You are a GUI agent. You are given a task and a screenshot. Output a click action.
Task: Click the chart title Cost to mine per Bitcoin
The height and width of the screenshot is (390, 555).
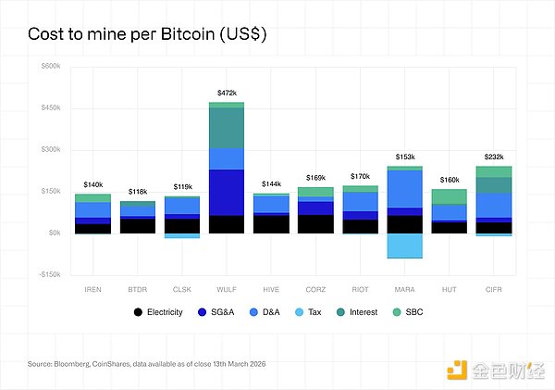pyautogui.click(x=148, y=34)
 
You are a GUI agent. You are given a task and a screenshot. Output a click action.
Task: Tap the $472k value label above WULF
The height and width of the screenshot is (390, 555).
pyautogui.click(x=227, y=93)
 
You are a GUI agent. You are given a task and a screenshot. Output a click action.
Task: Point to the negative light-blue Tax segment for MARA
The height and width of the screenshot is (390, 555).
pyautogui.click(x=404, y=245)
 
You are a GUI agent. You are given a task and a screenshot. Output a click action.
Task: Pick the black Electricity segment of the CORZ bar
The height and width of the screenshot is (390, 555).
pyautogui.click(x=315, y=223)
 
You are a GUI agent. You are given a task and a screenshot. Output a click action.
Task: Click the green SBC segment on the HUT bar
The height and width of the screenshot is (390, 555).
pyautogui.click(x=450, y=196)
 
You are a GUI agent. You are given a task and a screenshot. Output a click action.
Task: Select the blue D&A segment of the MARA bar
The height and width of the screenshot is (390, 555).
pyautogui.click(x=404, y=189)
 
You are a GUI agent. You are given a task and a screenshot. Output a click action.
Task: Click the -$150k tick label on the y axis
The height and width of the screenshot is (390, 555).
pyautogui.click(x=48, y=274)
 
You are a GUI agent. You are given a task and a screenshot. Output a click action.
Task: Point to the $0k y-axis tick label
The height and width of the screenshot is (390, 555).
pyautogui.click(x=54, y=233)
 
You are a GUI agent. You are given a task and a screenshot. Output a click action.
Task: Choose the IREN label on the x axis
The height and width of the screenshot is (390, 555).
pyautogui.click(x=92, y=289)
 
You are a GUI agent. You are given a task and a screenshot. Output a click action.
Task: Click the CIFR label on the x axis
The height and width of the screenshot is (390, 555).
pyautogui.click(x=493, y=289)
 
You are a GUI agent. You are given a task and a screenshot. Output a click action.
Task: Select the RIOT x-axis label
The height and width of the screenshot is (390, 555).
pyautogui.click(x=360, y=289)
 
